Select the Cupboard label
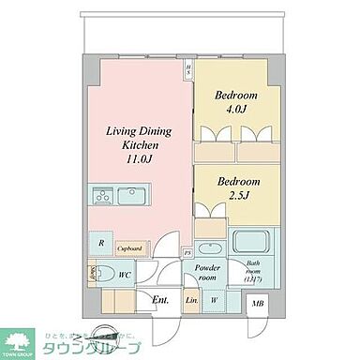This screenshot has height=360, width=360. pyautogui.click(x=129, y=248)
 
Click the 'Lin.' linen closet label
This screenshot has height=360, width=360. pyautogui.click(x=190, y=301)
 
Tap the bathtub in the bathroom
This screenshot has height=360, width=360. pyautogui.click(x=248, y=245)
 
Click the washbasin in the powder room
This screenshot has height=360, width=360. pyautogui.click(x=208, y=248)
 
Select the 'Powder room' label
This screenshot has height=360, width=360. pyautogui.click(x=208, y=273)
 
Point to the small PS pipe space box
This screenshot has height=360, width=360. pyautogui.click(x=186, y=252)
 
